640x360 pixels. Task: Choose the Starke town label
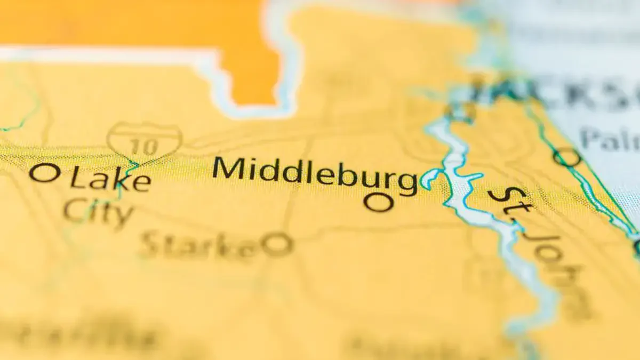coord(200,245)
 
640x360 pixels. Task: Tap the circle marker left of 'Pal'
coord(566,157)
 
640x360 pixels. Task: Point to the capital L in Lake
coord(78,178)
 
